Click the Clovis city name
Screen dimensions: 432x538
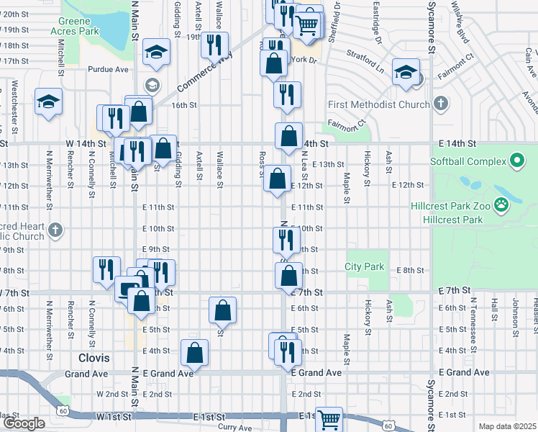(94, 357)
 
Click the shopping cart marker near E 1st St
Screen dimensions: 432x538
(329, 418)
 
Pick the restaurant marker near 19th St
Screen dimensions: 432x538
(214, 45)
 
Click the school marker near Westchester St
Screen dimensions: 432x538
(48, 101)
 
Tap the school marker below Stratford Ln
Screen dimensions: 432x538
(406, 72)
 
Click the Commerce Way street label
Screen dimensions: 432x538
(196, 75)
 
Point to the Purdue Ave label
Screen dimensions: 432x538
(107, 70)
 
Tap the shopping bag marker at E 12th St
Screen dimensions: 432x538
(277, 180)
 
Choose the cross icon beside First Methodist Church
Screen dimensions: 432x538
(440, 104)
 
